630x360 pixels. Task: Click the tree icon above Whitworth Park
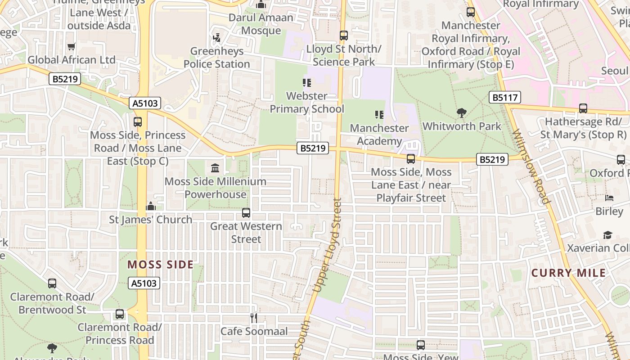tap(461, 113)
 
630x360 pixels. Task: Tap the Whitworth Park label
tap(462, 126)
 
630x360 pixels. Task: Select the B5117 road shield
tap(505, 97)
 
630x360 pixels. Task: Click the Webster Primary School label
tap(307, 103)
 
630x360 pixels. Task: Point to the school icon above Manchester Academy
tap(379, 115)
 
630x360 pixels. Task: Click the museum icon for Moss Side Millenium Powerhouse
tap(215, 168)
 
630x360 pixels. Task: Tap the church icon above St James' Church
tap(151, 206)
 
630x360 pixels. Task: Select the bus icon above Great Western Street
tap(246, 213)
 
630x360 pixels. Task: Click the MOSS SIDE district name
tap(161, 265)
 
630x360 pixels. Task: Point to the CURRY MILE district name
tap(568, 273)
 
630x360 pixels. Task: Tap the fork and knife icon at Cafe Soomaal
tap(254, 318)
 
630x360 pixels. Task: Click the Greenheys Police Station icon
tap(217, 38)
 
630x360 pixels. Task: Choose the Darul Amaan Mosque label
tap(261, 24)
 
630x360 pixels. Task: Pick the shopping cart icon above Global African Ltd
tap(71, 46)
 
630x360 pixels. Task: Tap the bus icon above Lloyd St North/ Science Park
tap(344, 35)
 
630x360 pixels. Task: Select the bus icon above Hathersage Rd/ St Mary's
tap(583, 108)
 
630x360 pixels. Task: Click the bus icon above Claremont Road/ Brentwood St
tap(52, 283)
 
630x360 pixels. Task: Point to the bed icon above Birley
tap(609, 198)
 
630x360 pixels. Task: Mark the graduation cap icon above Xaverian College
tap(607, 235)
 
